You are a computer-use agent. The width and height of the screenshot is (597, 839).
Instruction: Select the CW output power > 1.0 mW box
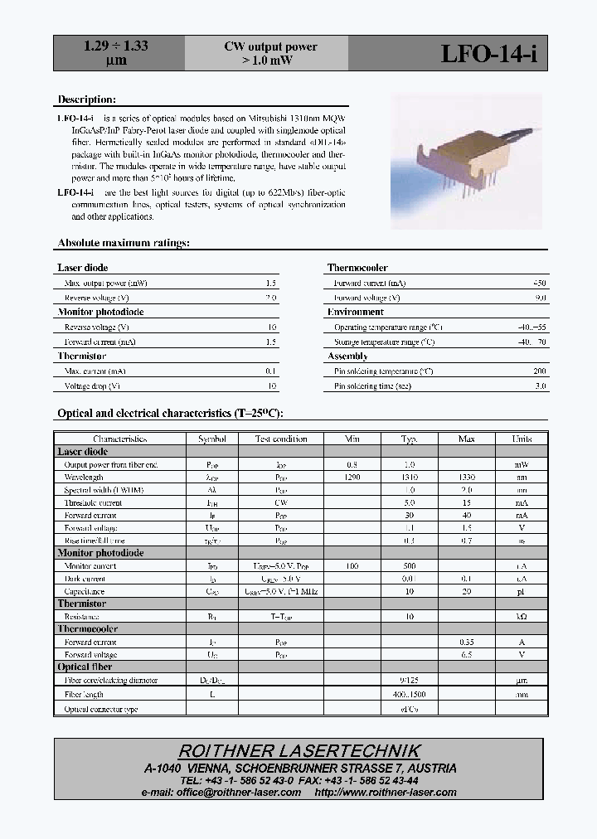pyautogui.click(x=270, y=53)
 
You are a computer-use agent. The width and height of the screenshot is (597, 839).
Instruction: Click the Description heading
pyautogui.click(x=80, y=99)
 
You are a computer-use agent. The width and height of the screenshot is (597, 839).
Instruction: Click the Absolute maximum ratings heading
pyautogui.click(x=124, y=243)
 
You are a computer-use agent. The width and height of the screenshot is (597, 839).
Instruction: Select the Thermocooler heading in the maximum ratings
pyautogui.click(x=357, y=268)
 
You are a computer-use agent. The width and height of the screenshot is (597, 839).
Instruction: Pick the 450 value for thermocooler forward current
pyautogui.click(x=539, y=283)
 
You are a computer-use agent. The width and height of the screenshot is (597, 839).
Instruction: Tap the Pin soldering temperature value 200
pyautogui.click(x=540, y=371)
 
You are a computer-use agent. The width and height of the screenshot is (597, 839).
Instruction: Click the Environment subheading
pyautogui.click(x=355, y=312)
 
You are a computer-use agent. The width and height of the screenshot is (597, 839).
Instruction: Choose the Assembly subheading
pyautogui.click(x=347, y=356)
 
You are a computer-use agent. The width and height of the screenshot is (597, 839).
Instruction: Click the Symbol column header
pyautogui.click(x=211, y=439)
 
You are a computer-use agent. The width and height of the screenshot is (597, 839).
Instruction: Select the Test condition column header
pyautogui.click(x=280, y=439)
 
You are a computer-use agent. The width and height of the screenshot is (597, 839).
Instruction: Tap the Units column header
pyautogui.click(x=522, y=439)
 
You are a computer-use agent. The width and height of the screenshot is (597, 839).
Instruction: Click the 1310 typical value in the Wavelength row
pyautogui.click(x=409, y=478)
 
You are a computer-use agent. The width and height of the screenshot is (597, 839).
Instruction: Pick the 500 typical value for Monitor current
pyautogui.click(x=409, y=566)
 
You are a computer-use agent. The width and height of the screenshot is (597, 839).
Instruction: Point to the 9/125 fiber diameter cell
pyautogui.click(x=409, y=681)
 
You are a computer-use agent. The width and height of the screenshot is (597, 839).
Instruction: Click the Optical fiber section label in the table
pyautogui.click(x=85, y=667)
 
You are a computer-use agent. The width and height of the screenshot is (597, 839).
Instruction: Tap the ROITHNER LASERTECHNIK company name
pyautogui.click(x=299, y=751)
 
